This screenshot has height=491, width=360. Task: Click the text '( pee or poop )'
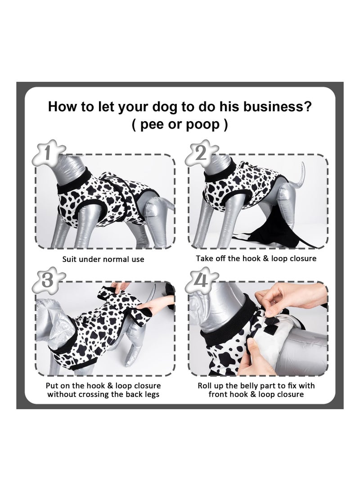(x=180, y=125)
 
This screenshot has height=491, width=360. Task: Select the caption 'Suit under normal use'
(x=103, y=259)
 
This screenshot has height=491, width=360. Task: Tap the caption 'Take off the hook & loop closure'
(x=256, y=259)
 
